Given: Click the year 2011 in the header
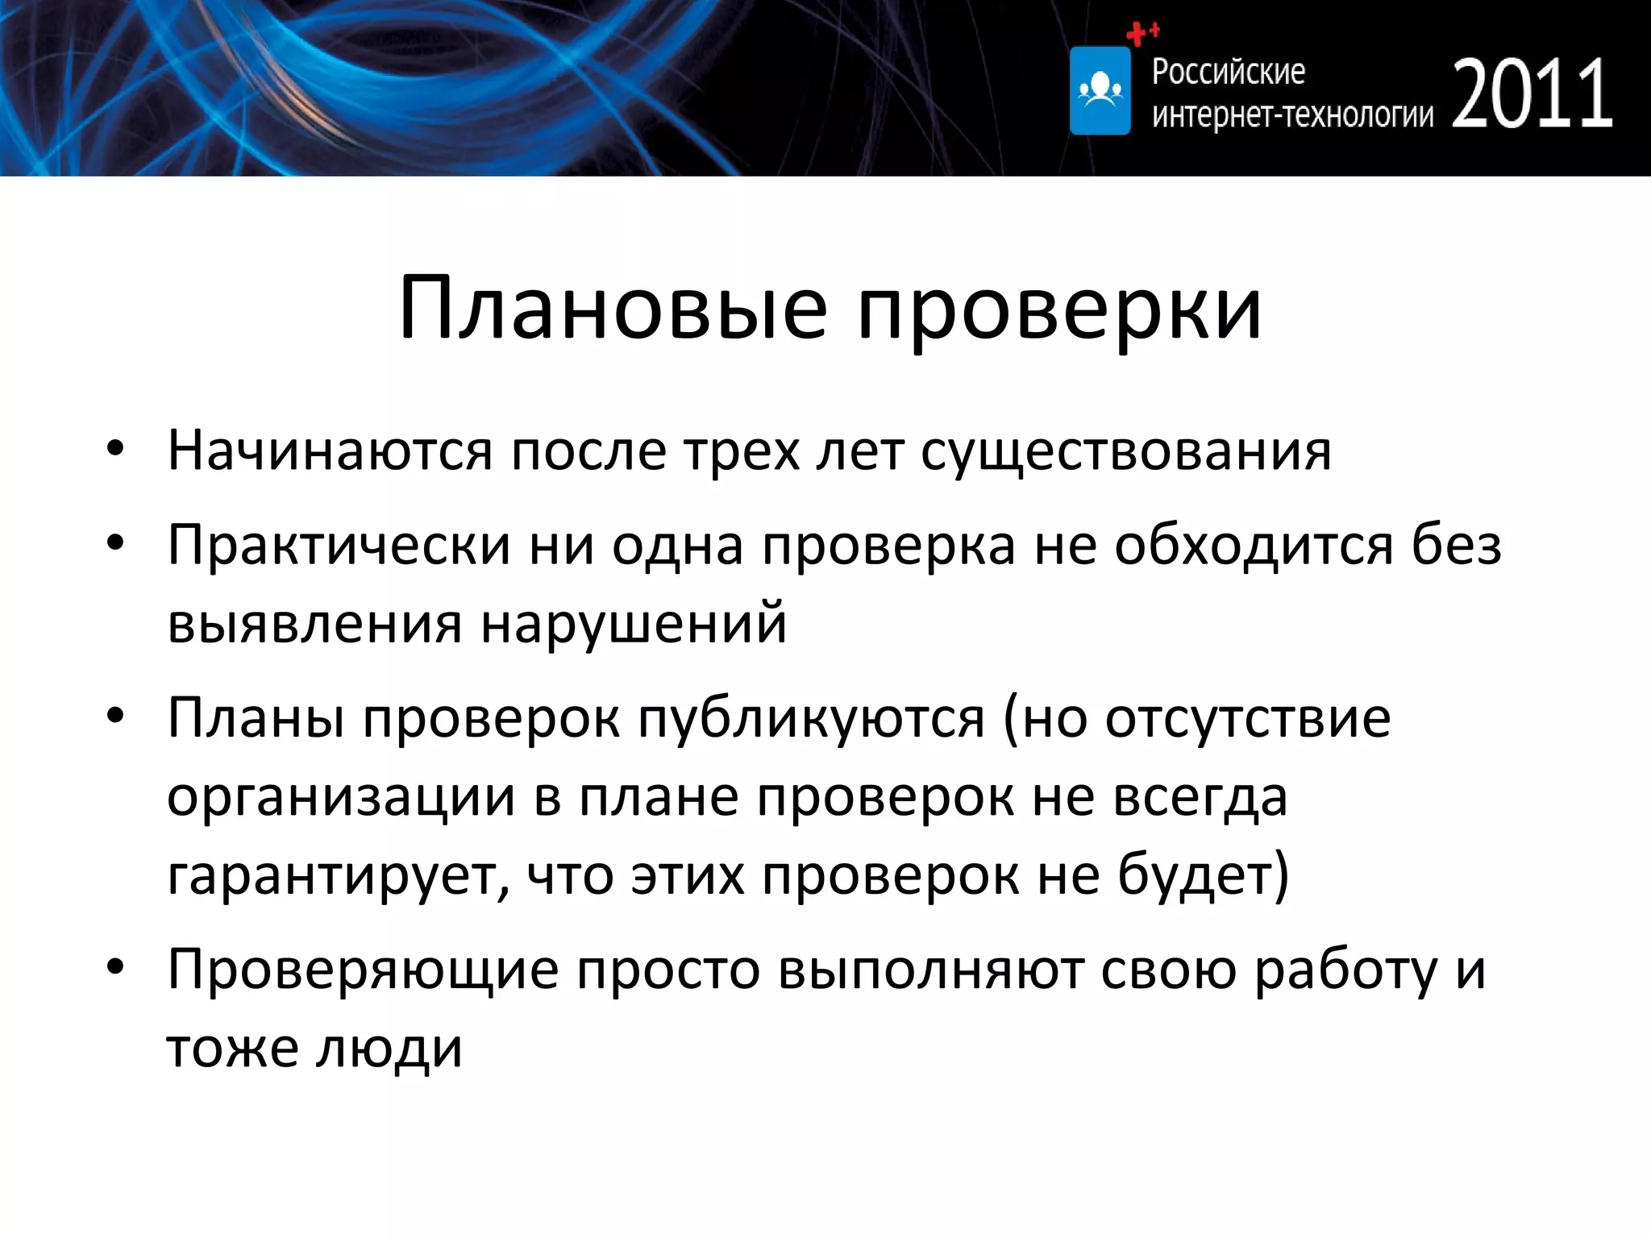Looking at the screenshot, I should [1532, 95].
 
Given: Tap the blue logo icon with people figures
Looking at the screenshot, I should [1100, 90].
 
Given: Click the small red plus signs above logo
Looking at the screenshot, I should [1142, 33].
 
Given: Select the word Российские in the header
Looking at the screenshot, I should [1228, 73].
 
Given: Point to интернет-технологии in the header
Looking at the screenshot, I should [1292, 115].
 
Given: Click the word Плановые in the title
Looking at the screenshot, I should [613, 309].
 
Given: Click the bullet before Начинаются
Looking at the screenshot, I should [115, 450].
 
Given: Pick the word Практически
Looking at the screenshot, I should [339, 546].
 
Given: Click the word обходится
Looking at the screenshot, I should [1254, 546].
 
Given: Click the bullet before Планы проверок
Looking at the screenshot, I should [115, 716].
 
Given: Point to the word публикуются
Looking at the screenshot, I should [811, 719].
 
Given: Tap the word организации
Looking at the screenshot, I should [340, 798].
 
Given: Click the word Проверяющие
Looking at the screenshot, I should [363, 970].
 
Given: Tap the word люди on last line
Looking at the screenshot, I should [389, 1049].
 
